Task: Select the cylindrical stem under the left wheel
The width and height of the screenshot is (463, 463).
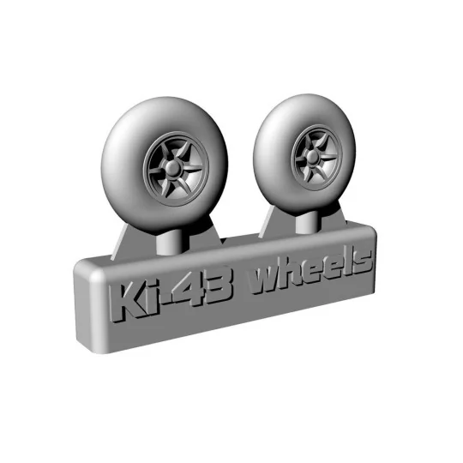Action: (175, 238)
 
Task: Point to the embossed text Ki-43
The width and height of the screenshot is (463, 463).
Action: (171, 297)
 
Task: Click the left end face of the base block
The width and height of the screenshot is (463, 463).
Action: (84, 305)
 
